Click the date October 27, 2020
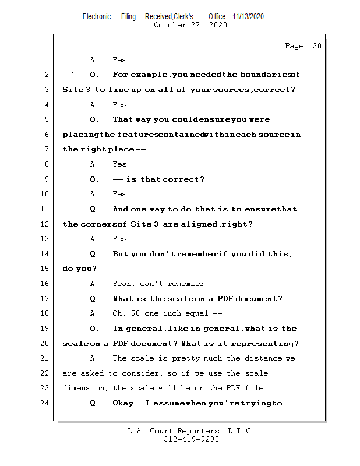click(190, 25)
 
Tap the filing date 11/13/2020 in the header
click(248, 16)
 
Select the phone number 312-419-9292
click(191, 440)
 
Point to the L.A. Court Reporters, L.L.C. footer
click(190, 431)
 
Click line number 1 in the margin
click(46, 60)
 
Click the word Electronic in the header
click(97, 16)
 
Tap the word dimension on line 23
click(84, 388)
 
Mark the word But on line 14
click(121, 254)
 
